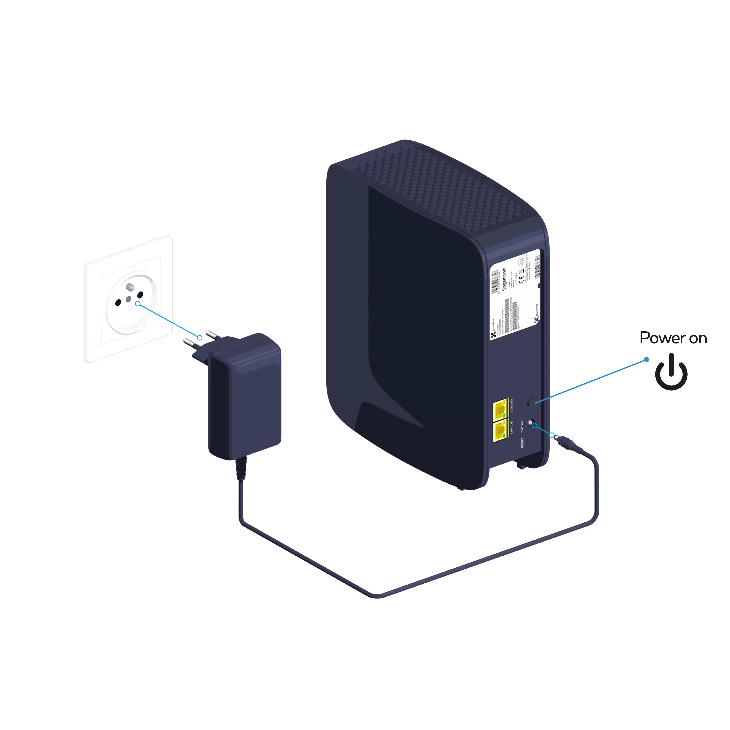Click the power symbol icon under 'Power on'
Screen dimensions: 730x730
(x=671, y=372)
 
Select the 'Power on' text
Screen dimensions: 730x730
(x=673, y=338)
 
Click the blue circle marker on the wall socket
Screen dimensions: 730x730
(x=138, y=303)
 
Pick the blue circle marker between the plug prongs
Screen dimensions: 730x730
(x=200, y=337)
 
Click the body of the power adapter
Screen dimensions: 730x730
(x=246, y=400)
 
